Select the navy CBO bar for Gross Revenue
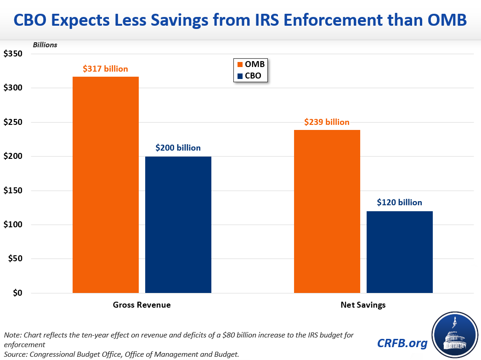178,225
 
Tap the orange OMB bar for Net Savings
327,211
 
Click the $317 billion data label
105,69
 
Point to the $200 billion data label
178,148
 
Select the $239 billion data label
327,122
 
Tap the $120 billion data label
399,202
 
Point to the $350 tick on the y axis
13,54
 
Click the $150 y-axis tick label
13,191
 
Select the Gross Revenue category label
142,305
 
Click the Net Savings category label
363,305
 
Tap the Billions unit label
45,45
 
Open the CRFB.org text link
402,343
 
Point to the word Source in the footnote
16,354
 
